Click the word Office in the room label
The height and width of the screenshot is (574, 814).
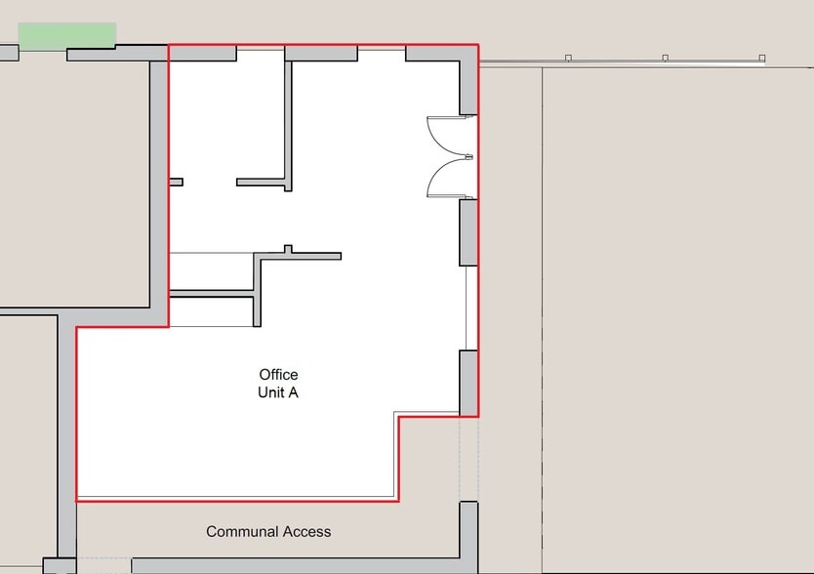tap(278, 375)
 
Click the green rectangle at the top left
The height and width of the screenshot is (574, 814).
tap(67, 36)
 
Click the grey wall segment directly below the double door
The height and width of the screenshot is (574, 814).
tap(468, 232)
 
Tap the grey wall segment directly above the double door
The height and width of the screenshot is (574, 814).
tap(468, 88)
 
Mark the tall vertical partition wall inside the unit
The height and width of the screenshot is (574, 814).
tap(289, 122)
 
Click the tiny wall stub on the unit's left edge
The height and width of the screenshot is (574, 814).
tap(177, 182)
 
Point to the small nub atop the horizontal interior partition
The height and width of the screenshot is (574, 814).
tap(288, 249)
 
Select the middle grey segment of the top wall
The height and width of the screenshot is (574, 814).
tap(321, 54)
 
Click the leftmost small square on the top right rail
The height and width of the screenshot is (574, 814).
tap(568, 59)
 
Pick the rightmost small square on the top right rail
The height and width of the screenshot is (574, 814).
tap(762, 59)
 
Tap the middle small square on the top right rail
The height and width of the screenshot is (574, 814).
tap(665, 59)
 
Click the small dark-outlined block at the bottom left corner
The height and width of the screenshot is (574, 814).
tap(59, 566)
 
